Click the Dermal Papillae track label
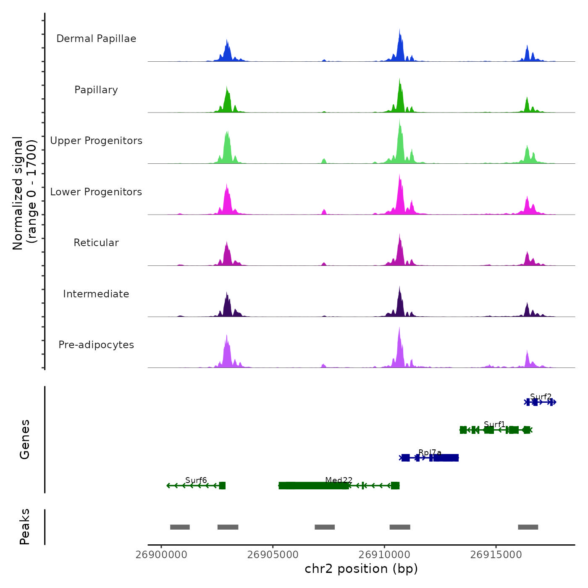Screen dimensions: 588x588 click(96, 39)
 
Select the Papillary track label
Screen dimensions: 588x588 click(96, 90)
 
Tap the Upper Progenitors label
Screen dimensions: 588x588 click(96, 141)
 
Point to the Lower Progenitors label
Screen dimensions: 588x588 click(96, 192)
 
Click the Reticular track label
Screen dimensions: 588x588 click(96, 243)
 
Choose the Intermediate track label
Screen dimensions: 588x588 click(96, 294)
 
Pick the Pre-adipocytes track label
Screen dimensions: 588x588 click(96, 345)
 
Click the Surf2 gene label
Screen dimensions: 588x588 click(541, 396)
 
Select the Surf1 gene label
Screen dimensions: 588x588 click(494, 424)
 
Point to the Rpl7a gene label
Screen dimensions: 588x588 click(430, 452)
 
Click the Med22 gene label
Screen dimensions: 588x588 click(339, 480)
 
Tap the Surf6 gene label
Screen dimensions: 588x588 click(196, 480)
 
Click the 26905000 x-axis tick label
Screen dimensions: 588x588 click(273, 555)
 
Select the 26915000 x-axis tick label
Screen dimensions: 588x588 click(496, 555)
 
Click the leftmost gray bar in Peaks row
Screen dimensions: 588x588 click(180, 527)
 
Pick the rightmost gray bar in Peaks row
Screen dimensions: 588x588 click(528, 527)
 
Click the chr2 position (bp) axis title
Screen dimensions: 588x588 click(361, 569)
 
